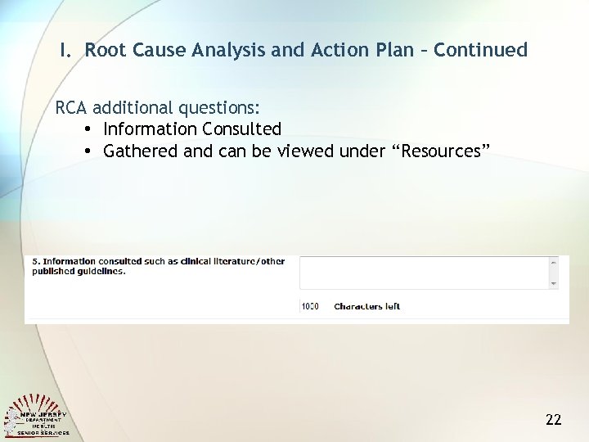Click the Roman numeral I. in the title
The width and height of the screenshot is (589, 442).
pyautogui.click(x=65, y=50)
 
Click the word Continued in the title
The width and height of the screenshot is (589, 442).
pyautogui.click(x=481, y=50)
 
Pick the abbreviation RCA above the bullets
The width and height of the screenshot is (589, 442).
pyautogui.click(x=72, y=108)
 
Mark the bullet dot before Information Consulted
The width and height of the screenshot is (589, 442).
pyautogui.click(x=86, y=129)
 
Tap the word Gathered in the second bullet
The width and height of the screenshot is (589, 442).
pyautogui.click(x=139, y=151)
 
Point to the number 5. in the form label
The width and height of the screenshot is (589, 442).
pyautogui.click(x=36, y=262)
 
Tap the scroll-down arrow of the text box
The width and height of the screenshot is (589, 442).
pyautogui.click(x=554, y=282)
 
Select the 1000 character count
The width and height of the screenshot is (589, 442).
pyautogui.click(x=310, y=307)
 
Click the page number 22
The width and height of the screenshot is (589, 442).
pyautogui.click(x=553, y=420)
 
